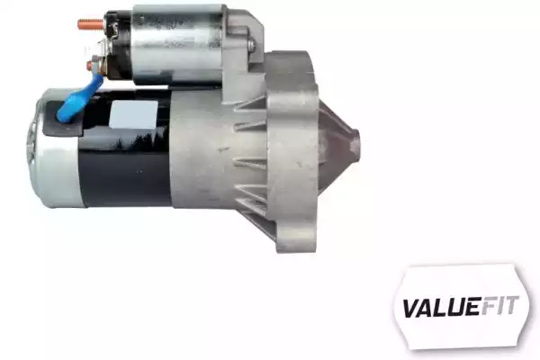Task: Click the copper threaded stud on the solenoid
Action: [x=91, y=24]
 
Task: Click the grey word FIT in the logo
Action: [x=499, y=306]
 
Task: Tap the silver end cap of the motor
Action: [x=54, y=148]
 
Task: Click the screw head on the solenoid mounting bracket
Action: [x=252, y=45]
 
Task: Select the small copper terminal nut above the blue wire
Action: [x=90, y=66]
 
